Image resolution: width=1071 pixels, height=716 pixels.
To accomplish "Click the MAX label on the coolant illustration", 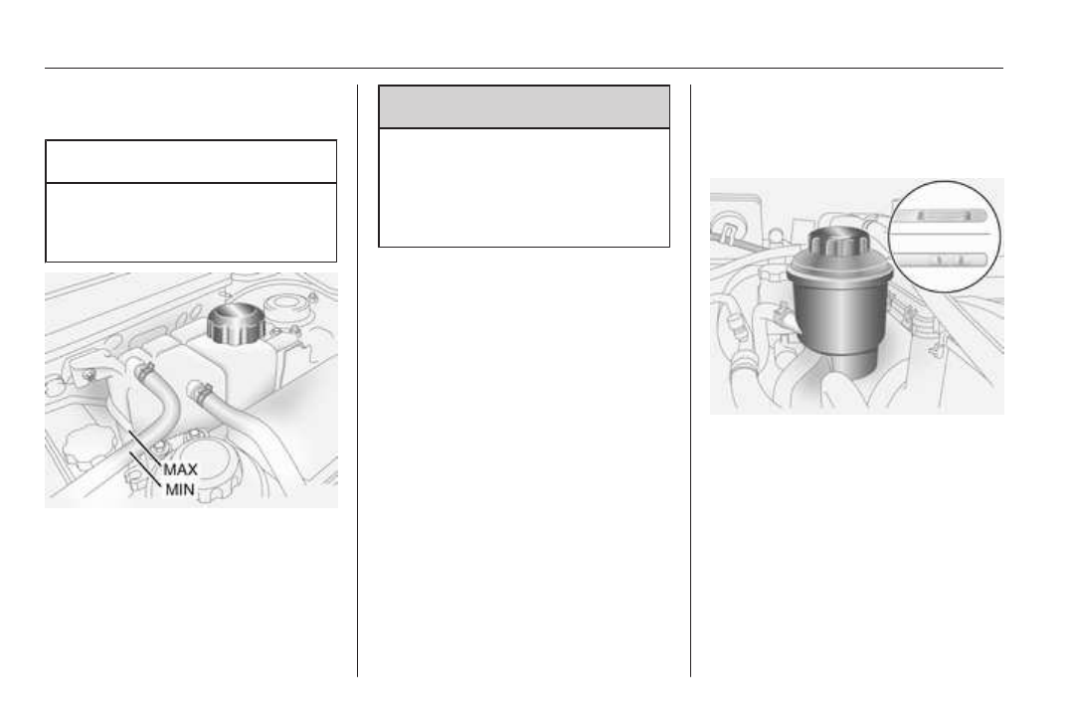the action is tap(180, 469).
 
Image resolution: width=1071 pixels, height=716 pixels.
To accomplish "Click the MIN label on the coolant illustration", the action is tap(180, 489).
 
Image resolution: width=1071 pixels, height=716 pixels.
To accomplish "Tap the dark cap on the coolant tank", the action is tap(236, 322).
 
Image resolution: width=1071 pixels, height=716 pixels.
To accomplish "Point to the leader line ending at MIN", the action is tap(145, 469).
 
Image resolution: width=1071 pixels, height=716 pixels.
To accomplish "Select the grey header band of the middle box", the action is tap(524, 106).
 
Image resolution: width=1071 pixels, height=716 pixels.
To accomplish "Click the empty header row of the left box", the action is tap(191, 161).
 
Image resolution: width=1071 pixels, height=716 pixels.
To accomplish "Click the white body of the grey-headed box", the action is tap(524, 187).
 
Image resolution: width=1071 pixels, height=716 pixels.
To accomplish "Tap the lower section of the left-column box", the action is tap(191, 222).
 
